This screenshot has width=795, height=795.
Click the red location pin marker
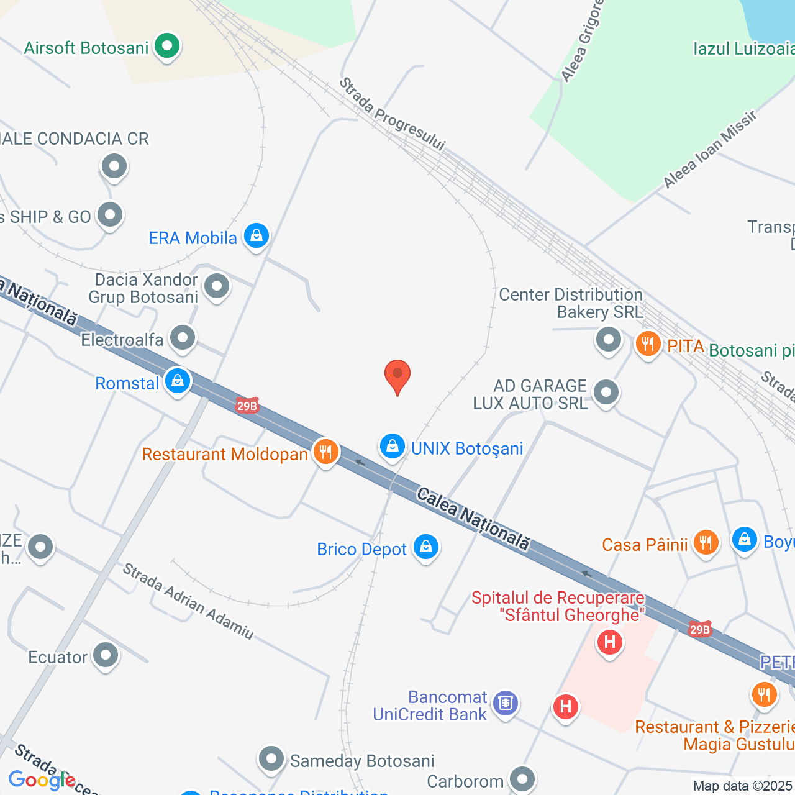point(397,376)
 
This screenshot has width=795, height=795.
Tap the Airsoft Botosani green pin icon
point(166,46)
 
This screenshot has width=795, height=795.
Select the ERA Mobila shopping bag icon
point(256,236)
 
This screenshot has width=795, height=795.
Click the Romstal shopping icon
point(178,381)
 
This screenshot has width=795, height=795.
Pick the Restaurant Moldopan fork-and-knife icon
point(325,452)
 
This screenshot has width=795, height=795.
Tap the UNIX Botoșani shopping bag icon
point(393,447)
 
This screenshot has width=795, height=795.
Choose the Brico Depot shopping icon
point(426,547)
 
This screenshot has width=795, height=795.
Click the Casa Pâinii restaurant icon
point(705,543)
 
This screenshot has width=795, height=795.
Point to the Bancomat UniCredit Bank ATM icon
point(506,703)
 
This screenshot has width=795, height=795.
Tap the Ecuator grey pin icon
point(106,655)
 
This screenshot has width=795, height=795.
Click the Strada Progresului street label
point(393,114)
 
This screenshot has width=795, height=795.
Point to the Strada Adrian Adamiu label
point(188,601)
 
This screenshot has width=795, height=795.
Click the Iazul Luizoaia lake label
point(743,48)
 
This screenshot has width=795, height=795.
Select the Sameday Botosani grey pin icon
point(271,759)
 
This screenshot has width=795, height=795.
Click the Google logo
point(42,780)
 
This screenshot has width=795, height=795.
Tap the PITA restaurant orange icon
point(648,343)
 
